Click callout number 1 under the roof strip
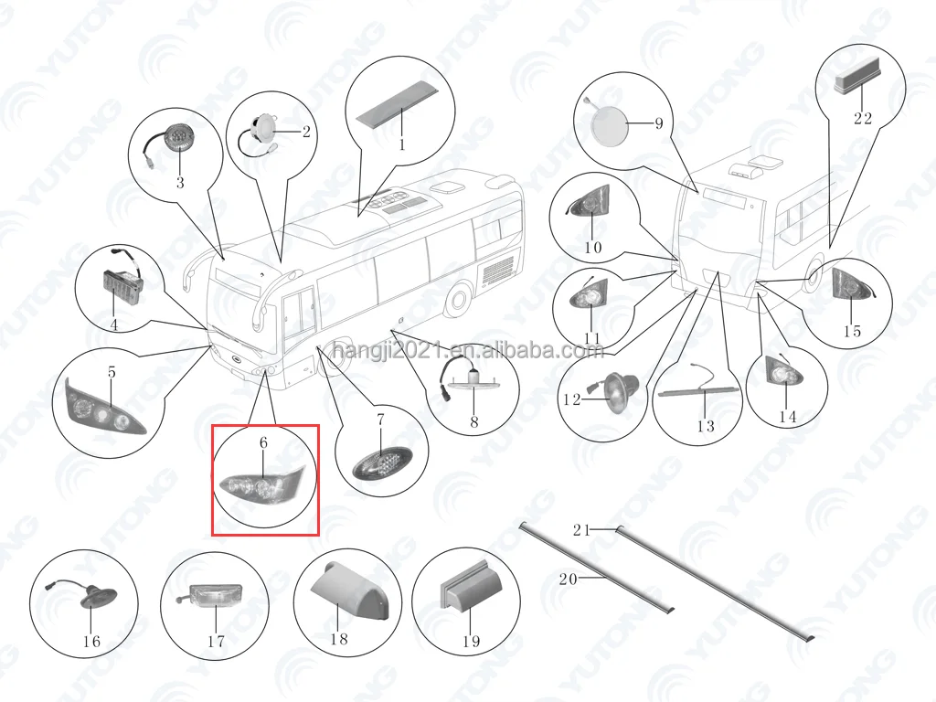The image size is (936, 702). click(400, 144)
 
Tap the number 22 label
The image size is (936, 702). click(862, 118)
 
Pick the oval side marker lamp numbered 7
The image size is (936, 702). click(376, 464)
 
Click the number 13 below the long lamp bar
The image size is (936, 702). click(706, 426)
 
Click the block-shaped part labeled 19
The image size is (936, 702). click(468, 593)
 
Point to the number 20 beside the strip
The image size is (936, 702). click(568, 578)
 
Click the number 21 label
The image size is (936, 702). click(583, 530)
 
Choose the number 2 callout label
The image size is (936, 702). click(306, 132)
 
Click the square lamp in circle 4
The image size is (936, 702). click(119, 286)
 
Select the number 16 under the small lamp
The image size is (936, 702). click(91, 641)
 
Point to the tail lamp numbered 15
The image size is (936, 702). click(852, 288)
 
